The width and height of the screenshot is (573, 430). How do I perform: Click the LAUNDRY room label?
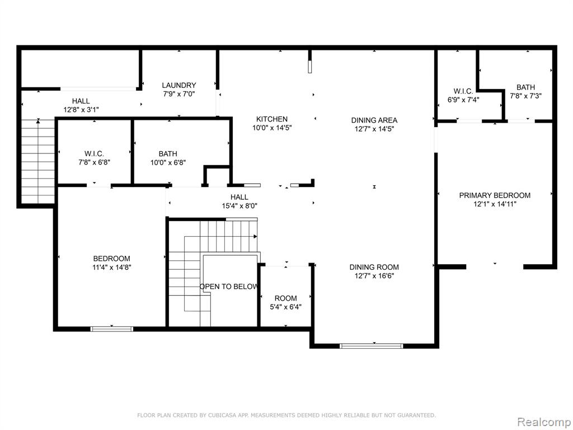179,85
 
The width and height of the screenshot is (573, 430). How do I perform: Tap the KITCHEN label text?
272,119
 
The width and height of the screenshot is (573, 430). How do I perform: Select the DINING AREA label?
374,120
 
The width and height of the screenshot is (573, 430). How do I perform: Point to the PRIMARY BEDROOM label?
495,195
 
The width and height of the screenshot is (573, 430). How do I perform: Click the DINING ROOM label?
374,267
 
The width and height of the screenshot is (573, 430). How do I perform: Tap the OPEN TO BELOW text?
229,287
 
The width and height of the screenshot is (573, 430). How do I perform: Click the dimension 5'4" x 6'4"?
286,307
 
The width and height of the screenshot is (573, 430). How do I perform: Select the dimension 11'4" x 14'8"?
112,267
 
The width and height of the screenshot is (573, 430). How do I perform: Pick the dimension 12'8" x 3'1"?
81,109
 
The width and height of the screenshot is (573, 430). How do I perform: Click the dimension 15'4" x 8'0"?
239,206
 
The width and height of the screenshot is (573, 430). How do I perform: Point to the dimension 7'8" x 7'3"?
525,96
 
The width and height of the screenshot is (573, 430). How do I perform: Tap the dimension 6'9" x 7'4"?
463,100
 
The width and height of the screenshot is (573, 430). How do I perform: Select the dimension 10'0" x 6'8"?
168,162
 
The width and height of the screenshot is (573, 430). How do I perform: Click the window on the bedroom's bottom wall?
112,329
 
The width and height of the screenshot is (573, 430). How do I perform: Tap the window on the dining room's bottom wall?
372,346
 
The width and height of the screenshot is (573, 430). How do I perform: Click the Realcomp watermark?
544,422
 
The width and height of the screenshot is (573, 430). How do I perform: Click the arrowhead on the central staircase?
255,237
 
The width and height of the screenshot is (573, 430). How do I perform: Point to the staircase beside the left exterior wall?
38,161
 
